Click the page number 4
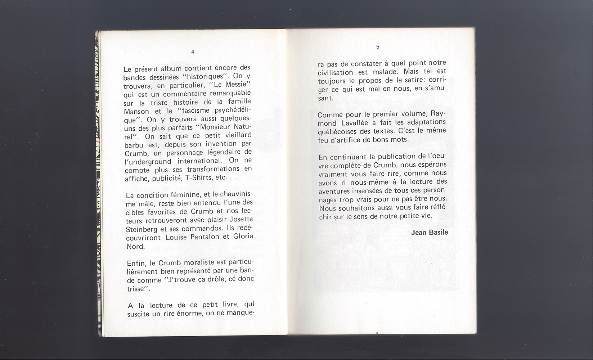(x=193, y=52)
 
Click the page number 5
(x=378, y=47)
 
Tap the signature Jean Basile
(x=430, y=233)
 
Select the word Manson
(x=136, y=112)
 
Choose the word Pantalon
(x=202, y=237)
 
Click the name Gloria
(x=243, y=237)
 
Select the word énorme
(x=189, y=314)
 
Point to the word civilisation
(x=335, y=72)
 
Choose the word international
(x=200, y=161)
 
